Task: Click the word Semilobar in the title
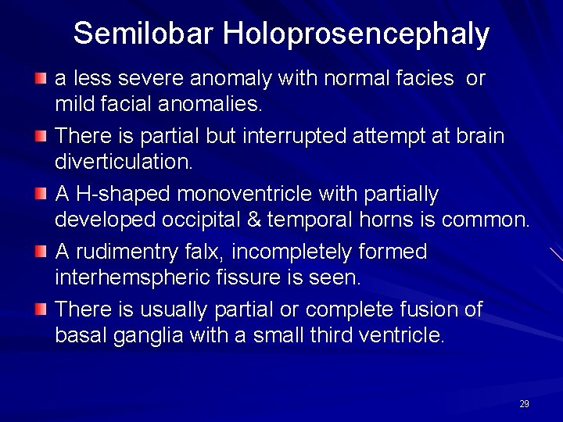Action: coord(143,34)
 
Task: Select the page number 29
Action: coord(524,404)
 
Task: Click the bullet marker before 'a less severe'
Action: coord(41,79)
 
